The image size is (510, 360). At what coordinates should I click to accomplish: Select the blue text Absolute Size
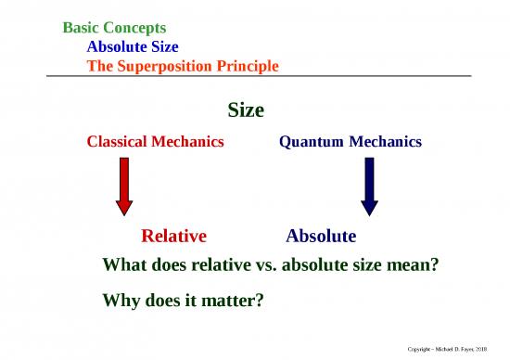[x=133, y=46]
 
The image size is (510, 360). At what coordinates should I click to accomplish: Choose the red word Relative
[x=173, y=235]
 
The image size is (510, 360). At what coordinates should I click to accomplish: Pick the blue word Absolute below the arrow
[x=321, y=235]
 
